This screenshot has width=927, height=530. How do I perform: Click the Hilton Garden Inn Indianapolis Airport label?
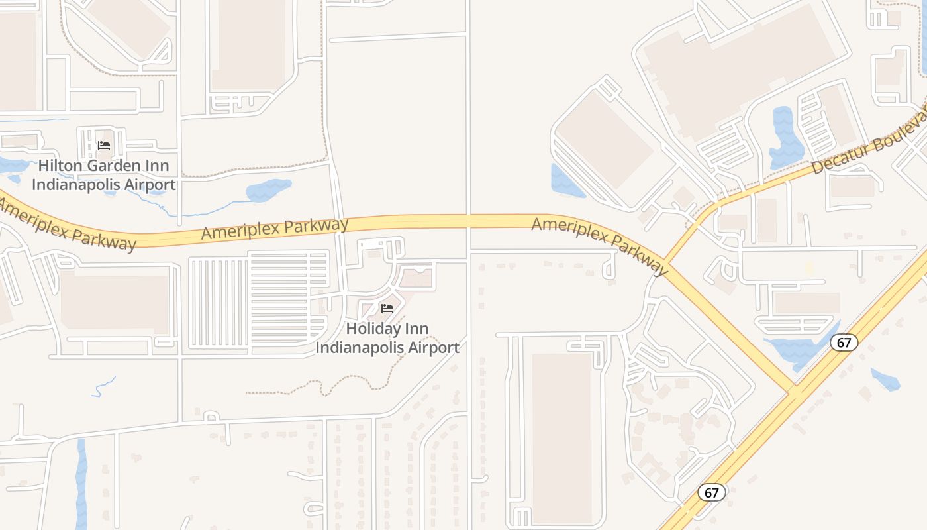coord(104,175)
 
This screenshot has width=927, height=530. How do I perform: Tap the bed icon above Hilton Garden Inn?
coord(104,146)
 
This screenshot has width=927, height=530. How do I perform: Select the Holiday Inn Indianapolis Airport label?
coord(387,338)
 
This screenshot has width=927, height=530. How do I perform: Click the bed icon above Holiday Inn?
coord(387,309)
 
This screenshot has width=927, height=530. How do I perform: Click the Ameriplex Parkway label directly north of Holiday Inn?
coord(275,229)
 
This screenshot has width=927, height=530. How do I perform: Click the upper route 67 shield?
coord(844,343)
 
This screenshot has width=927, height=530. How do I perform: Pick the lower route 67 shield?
coord(711,492)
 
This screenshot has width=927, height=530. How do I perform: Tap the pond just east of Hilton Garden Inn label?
coord(268,190)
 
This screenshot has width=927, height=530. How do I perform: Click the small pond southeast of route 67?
coord(885,380)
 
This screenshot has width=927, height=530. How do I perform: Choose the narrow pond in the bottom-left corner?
coord(81,484)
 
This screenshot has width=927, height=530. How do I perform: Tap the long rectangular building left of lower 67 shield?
coord(561,437)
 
